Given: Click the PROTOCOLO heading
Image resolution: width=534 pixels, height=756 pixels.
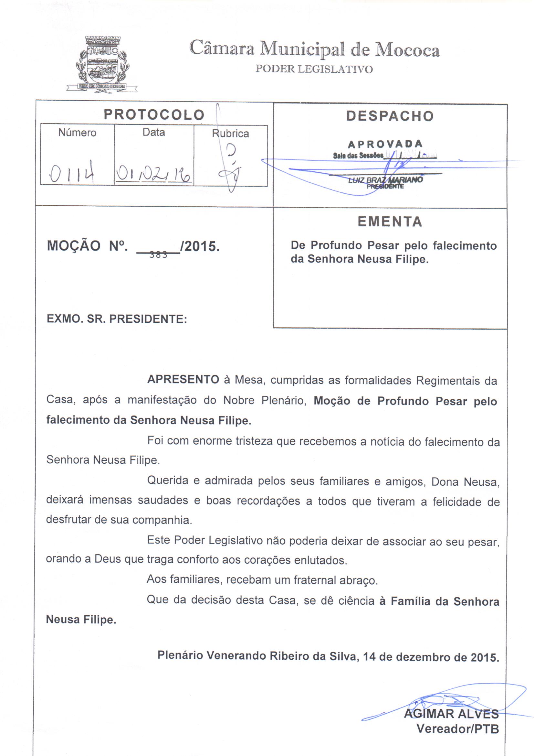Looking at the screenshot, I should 154,114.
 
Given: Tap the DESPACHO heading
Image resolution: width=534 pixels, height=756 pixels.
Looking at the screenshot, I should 390,116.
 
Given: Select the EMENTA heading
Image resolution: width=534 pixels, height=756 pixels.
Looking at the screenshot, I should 390,221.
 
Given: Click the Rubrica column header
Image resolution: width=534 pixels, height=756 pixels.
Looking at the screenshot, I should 230,134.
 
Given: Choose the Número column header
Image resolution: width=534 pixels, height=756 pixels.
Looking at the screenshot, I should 77,133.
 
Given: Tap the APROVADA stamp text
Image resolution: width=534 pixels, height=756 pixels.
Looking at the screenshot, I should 385,144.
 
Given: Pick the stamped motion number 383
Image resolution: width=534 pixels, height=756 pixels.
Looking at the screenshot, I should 158,254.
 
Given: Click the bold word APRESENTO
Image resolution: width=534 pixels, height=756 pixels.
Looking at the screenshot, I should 183,380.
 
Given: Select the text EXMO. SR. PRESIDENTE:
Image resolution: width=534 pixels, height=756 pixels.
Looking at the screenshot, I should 117,319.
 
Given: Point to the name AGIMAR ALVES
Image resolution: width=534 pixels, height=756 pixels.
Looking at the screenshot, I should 451,714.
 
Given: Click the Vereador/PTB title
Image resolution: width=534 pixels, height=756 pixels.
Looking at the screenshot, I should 458,729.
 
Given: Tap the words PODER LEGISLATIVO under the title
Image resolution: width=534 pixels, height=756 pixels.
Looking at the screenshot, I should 314,69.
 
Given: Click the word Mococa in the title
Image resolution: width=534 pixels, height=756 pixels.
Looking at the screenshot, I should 407,50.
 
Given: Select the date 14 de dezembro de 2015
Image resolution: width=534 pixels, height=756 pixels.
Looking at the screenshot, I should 431,657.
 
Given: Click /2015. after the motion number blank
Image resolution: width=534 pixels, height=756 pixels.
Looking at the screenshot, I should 200,246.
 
